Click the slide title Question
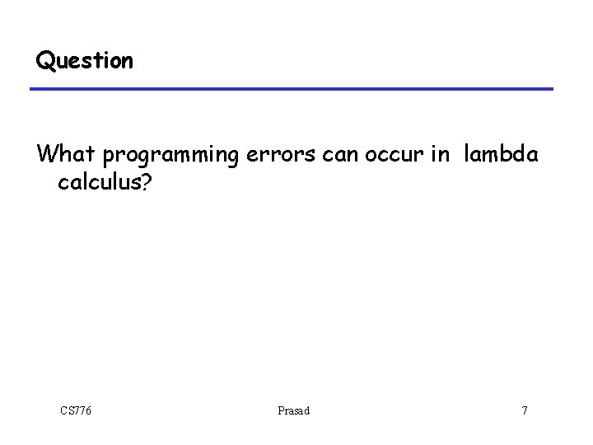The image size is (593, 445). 83,62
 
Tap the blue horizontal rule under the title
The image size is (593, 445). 292,89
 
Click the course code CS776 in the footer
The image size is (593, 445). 75,410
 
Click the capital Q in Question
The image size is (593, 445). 43,62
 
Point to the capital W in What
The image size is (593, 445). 45,153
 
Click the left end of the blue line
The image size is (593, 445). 33,89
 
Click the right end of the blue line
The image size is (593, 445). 551,89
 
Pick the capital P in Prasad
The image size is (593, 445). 279,410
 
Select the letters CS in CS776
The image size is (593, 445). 66,410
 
